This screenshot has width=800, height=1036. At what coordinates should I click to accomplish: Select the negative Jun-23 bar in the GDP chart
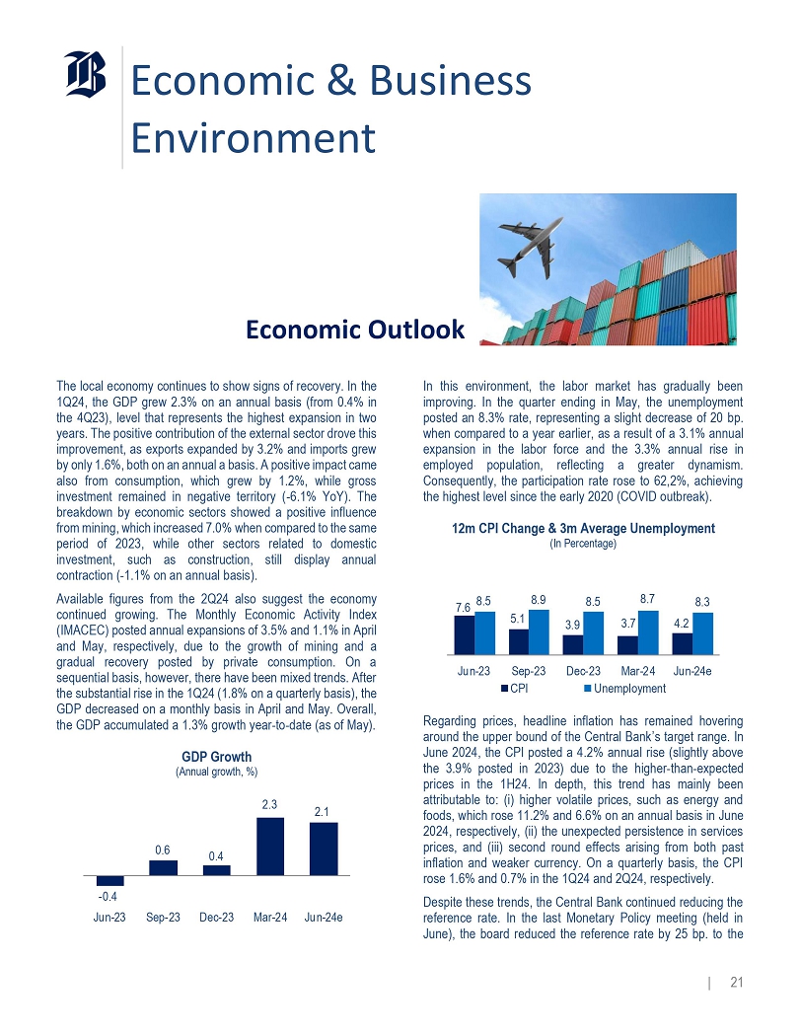coord(110,880)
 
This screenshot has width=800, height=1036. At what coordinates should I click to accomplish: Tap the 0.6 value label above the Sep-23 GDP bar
coord(163,850)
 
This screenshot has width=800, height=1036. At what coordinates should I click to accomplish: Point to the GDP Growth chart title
coord(217,756)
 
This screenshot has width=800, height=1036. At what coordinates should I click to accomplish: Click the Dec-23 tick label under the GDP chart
coord(217,918)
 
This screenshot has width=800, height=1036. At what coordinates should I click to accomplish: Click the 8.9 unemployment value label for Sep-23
coord(539,599)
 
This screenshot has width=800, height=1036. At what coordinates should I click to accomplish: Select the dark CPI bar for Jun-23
coord(464,635)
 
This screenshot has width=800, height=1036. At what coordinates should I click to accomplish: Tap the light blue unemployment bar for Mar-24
coord(646,632)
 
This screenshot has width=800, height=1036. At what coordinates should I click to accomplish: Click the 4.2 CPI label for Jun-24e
coord(680,623)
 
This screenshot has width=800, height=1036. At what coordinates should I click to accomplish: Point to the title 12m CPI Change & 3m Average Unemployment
coord(583,529)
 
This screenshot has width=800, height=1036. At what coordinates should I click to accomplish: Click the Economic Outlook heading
coord(355,330)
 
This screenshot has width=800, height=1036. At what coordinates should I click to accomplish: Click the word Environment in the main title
coord(254,138)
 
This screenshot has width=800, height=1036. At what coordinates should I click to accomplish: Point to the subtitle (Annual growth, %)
coord(217,771)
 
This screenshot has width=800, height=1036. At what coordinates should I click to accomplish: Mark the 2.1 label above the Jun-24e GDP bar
coord(324,811)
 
